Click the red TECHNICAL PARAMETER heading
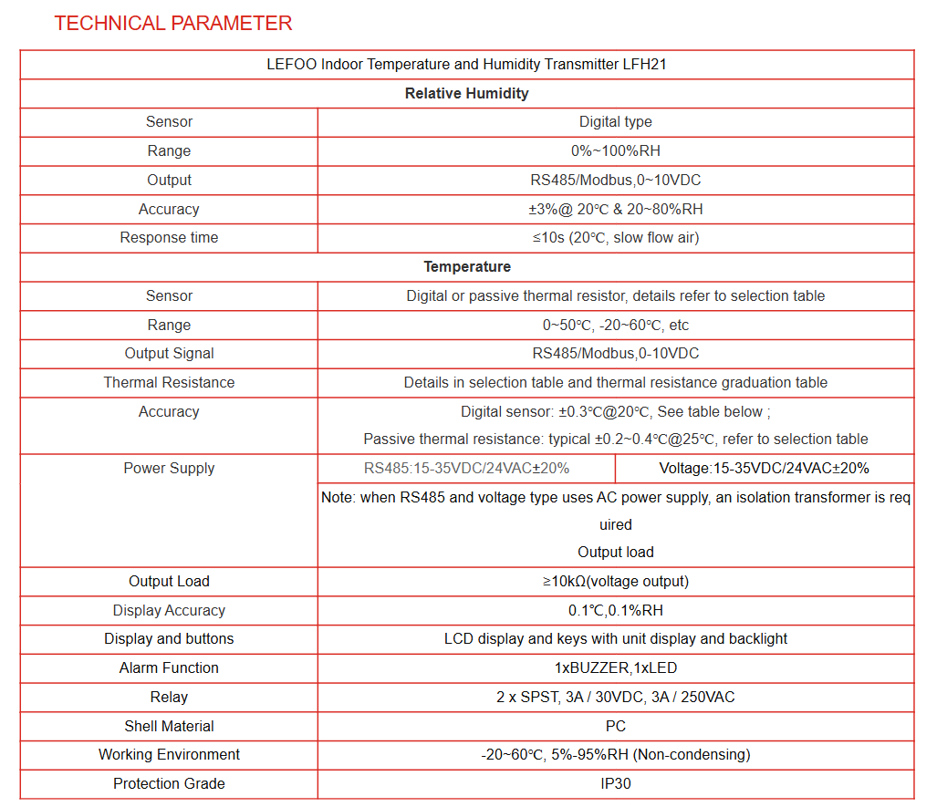point(172,24)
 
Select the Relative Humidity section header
point(466,93)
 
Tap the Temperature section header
point(466,266)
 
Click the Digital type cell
point(615,122)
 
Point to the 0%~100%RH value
point(615,150)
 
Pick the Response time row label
point(169,237)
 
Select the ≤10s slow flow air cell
point(615,237)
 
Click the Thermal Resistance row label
point(169,382)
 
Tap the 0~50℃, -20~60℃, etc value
point(615,325)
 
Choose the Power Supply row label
point(169,468)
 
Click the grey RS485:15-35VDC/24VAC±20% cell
point(466,468)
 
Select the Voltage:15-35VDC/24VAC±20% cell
point(764,468)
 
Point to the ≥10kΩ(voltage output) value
point(615,581)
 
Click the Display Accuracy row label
point(169,610)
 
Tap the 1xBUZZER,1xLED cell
point(615,667)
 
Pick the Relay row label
point(169,697)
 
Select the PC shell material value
point(615,726)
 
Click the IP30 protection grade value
point(615,783)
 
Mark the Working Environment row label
point(169,754)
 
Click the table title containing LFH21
point(466,65)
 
